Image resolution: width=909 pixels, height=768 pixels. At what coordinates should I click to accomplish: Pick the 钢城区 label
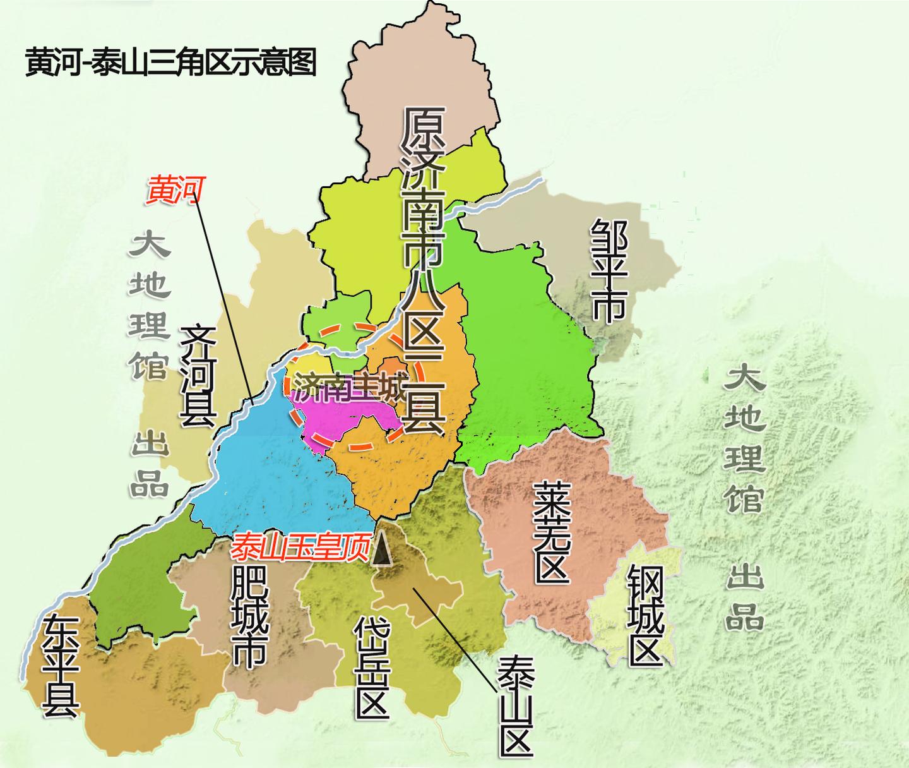click(645, 616)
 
